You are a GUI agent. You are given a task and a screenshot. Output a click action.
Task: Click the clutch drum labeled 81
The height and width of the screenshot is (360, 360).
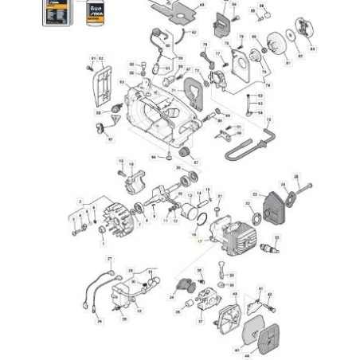point(278,45)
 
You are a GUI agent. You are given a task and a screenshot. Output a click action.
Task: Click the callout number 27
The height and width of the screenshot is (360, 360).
point(110,259)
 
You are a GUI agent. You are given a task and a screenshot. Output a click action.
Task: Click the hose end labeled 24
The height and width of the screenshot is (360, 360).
point(174,295)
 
